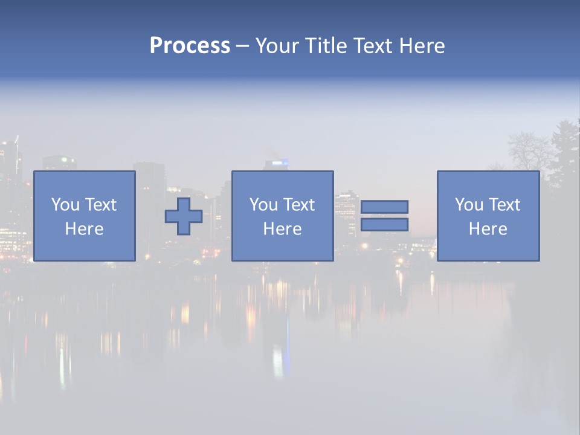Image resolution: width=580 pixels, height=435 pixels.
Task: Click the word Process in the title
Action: [190, 46]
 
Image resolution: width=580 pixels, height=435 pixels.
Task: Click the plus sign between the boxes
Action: [184, 216]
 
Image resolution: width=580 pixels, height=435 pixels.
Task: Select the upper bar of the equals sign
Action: [384, 207]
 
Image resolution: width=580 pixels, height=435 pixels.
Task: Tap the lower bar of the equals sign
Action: [384, 225]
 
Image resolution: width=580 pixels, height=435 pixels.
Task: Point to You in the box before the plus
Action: [65, 205]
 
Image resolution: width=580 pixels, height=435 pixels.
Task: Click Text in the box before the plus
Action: [100, 205]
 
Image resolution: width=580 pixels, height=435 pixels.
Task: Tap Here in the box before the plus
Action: [85, 229]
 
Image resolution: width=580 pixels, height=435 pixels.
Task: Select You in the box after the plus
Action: [263, 205]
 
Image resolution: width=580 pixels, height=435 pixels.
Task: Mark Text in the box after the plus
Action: [298, 205]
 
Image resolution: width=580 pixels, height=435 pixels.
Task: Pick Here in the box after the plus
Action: [282, 229]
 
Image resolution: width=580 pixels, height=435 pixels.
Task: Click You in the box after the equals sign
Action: [469, 205]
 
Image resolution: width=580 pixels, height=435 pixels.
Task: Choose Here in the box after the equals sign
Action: [488, 229]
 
